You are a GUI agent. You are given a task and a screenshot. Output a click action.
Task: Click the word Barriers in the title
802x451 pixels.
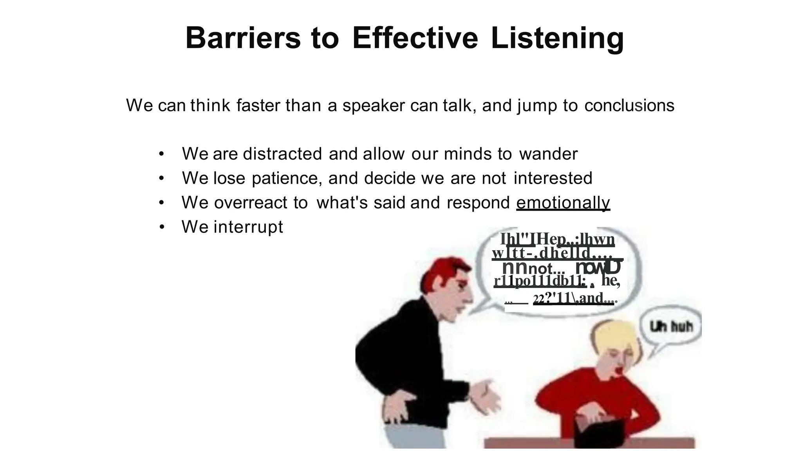(x=243, y=38)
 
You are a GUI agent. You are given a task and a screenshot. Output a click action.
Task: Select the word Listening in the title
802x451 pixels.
(x=557, y=38)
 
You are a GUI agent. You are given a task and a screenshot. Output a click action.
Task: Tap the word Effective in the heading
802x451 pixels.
(x=415, y=38)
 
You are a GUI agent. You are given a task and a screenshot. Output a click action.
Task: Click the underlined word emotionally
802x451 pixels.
(x=563, y=203)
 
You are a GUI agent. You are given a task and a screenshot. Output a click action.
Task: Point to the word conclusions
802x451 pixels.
(x=629, y=105)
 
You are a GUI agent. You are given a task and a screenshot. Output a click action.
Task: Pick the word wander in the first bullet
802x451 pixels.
(x=548, y=154)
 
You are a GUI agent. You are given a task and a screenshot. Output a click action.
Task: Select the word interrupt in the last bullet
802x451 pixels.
(x=248, y=227)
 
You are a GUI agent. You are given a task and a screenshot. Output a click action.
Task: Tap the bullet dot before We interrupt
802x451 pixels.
(x=162, y=227)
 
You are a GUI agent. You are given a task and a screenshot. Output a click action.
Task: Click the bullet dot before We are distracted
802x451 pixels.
(x=162, y=154)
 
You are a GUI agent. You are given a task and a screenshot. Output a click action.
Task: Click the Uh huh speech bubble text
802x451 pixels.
(x=671, y=326)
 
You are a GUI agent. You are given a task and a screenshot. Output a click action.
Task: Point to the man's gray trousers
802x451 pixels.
(x=403, y=437)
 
